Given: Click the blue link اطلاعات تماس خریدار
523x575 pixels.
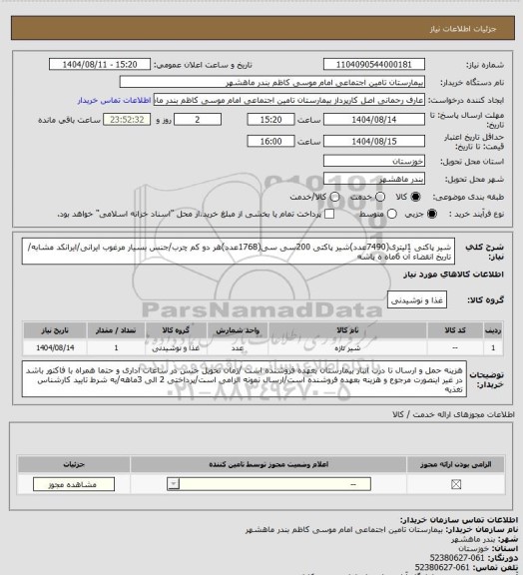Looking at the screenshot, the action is pos(115,100).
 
